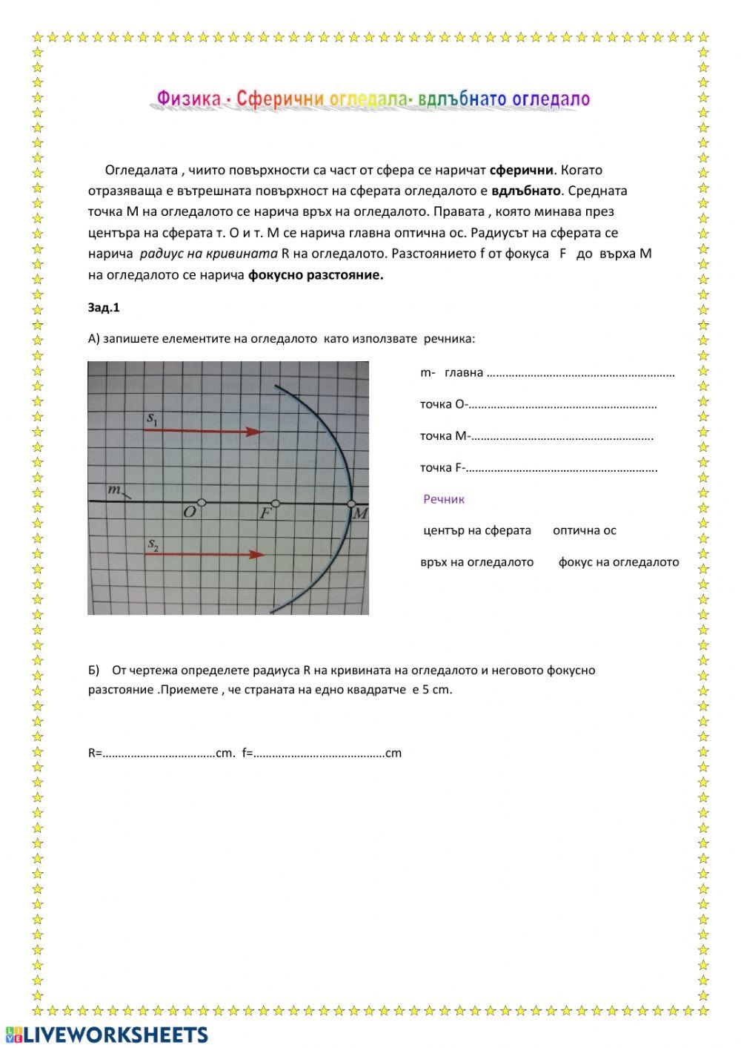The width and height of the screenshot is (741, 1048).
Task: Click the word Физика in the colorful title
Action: tap(188, 99)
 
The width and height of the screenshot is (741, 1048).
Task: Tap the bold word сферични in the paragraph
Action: tap(521, 170)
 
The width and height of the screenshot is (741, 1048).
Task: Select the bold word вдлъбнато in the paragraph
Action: tap(526, 191)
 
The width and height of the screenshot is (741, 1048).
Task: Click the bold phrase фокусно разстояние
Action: tap(316, 275)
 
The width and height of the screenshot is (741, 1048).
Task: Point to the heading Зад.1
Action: tap(104, 308)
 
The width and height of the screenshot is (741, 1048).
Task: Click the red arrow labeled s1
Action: tap(203, 432)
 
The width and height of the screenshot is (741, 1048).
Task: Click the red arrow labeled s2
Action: tap(205, 554)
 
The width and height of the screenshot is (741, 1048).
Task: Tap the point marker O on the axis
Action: tap(202, 503)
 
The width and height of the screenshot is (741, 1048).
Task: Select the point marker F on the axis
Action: tap(276, 503)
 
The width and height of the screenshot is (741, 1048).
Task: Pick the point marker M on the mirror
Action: tap(351, 504)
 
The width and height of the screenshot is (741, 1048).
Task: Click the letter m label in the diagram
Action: tap(114, 490)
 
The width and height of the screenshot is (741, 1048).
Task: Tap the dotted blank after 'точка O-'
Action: tap(563, 405)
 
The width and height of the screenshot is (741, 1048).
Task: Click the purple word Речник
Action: tap(443, 499)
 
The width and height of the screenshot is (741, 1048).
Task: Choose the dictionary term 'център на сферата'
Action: tap(476, 530)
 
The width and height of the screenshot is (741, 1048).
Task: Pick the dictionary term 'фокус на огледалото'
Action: tap(618, 562)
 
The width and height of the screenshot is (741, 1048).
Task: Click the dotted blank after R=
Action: tap(159, 754)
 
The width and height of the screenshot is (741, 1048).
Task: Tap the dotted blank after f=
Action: tap(319, 754)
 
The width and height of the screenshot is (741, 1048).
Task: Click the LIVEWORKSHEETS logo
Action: tap(106, 1035)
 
